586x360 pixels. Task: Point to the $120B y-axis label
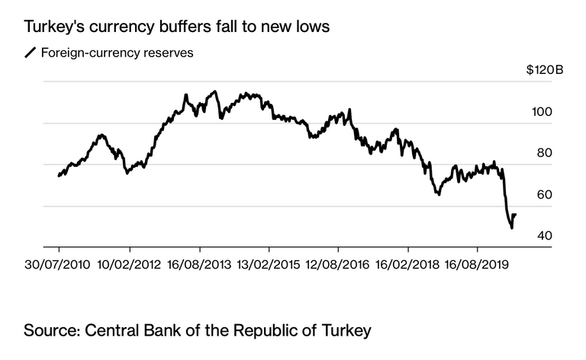545,71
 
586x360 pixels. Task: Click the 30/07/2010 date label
58,265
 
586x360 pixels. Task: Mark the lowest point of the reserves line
512,227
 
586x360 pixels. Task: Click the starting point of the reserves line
59,176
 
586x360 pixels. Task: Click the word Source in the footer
51,331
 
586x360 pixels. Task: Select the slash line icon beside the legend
31,53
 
